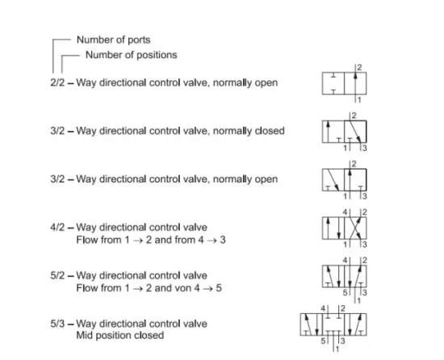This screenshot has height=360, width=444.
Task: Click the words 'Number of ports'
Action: pos(113,40)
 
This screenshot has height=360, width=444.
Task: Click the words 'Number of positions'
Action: pos(131,55)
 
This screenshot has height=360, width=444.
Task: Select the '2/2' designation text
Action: pos(57,82)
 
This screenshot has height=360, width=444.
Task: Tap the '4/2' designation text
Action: pos(57,228)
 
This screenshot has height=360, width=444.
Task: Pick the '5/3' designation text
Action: pos(57,324)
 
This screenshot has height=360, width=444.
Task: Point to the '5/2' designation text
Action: pos(57,275)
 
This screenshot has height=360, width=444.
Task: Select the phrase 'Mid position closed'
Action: pos(120,335)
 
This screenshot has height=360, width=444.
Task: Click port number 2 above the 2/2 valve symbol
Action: pos(359,67)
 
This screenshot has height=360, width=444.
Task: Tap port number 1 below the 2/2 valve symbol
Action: pos(359,100)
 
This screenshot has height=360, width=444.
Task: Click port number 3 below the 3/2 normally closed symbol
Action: pos(365,148)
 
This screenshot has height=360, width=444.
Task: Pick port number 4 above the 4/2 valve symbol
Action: pos(345,212)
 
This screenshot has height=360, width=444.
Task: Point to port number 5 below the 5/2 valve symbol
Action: pos(346,292)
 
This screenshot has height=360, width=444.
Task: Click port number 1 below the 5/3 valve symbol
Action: pos(337,350)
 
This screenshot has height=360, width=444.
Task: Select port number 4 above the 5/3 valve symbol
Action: pos(323,308)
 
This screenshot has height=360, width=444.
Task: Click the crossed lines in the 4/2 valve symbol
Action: pos(355,228)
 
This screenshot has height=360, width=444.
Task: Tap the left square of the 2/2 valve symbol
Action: pos(333,83)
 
